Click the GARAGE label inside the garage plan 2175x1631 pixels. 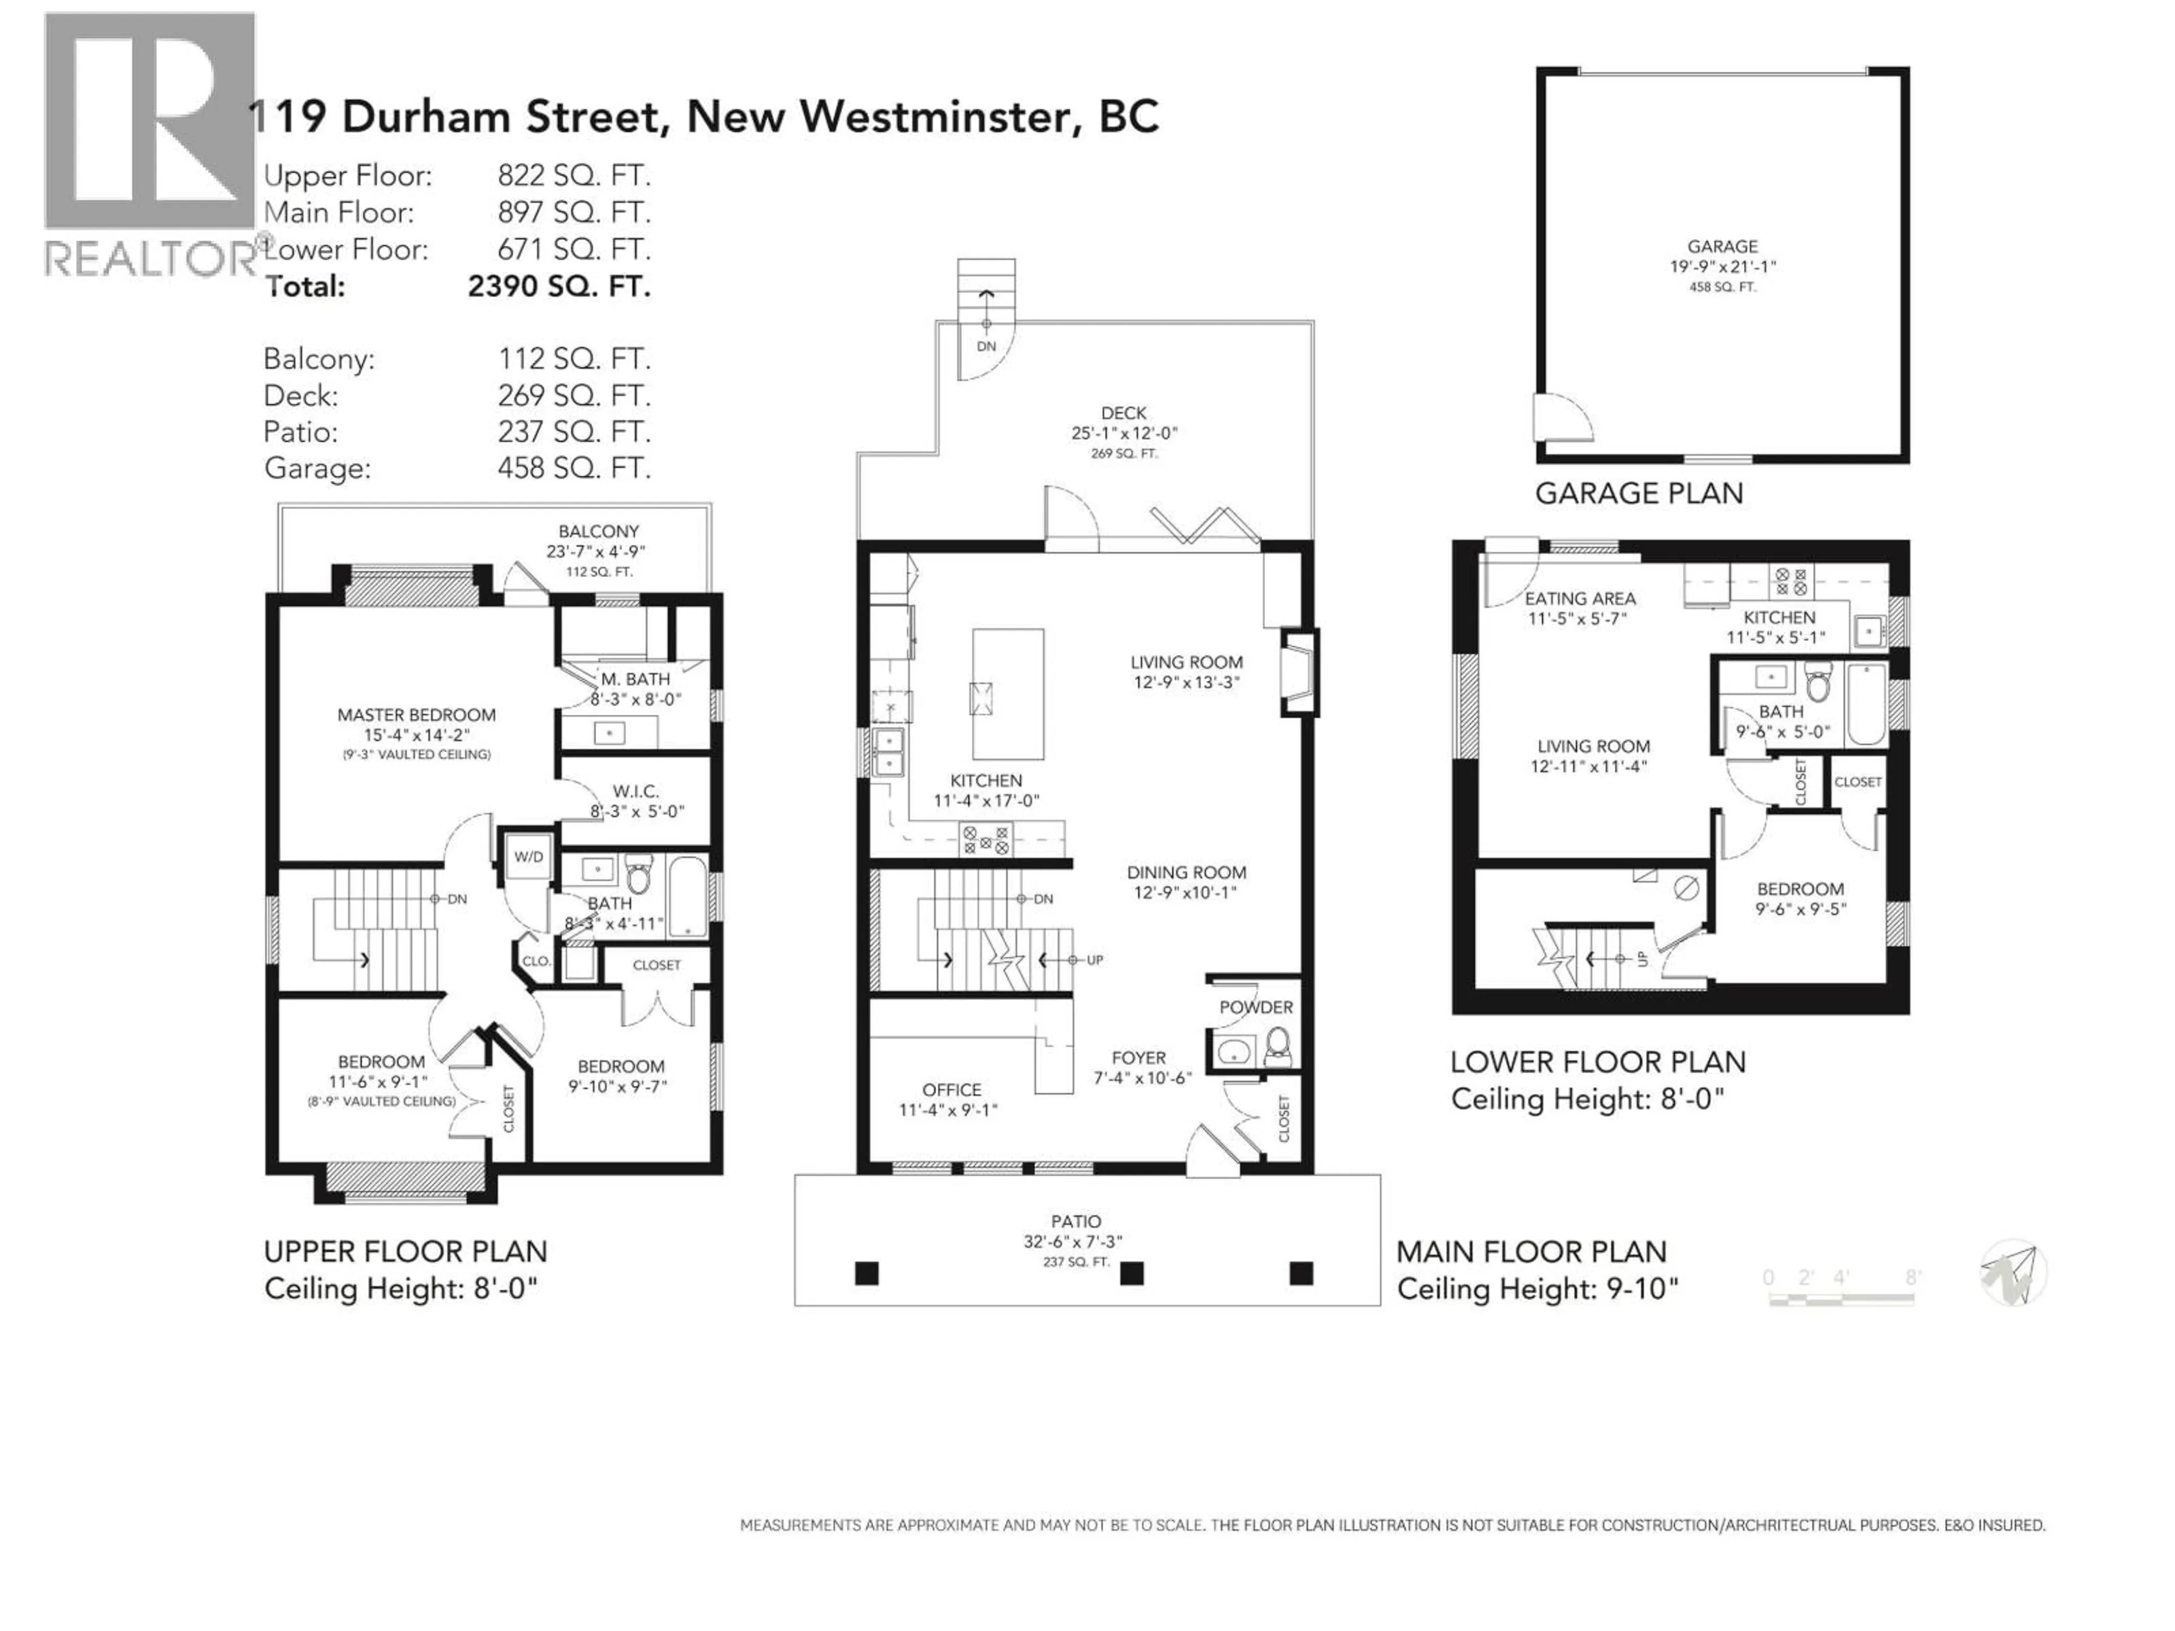(x=1722, y=247)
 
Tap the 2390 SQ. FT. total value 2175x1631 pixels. (x=558, y=286)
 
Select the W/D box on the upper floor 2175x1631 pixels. (x=528, y=856)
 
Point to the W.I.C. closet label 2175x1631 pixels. (x=635, y=791)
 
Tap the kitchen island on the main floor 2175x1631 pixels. (x=1008, y=694)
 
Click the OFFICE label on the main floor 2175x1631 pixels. (x=951, y=1089)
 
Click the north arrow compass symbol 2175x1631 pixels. (x=2013, y=1273)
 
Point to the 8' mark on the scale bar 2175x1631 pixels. (x=1912, y=1277)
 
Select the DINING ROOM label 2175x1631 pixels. (x=1186, y=872)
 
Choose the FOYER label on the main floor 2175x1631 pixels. (x=1138, y=1058)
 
